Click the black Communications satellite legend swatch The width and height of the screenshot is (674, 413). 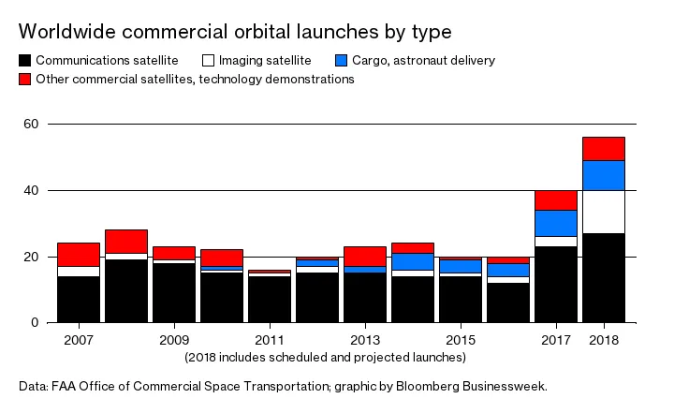pos(25,61)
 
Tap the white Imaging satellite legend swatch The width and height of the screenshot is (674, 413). pos(209,61)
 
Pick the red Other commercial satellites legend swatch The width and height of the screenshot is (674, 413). pos(25,80)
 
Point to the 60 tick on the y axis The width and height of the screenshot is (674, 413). pos(31,124)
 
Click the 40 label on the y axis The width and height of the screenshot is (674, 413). pos(31,190)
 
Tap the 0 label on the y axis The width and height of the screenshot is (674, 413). pos(35,322)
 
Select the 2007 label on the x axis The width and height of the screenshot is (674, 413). pos(78,339)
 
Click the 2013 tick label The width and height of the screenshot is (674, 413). pos(365,339)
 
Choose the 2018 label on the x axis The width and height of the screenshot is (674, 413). pos(603,339)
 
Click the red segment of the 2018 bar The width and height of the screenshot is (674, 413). pos(603,148)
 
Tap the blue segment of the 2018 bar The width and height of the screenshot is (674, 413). pos(603,175)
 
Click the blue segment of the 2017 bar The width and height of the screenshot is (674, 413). pos(555,223)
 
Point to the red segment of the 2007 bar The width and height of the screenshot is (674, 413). pos(79,254)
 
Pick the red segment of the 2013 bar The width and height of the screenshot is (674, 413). pos(365,256)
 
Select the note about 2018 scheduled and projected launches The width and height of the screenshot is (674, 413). pos(324,357)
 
